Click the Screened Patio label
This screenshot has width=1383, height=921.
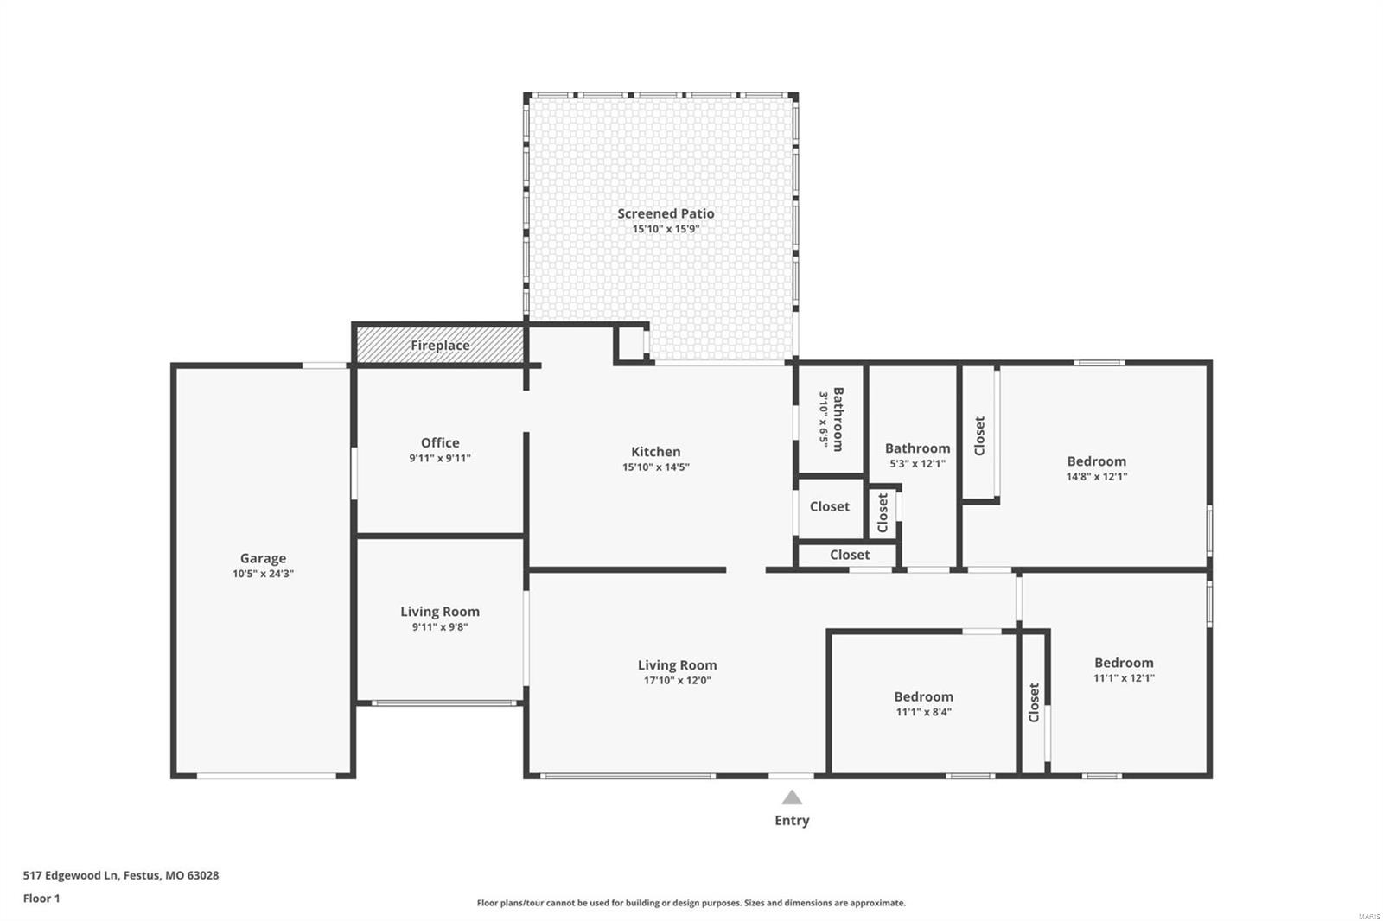[x=666, y=213]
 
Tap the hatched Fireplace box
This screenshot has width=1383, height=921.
[x=440, y=346]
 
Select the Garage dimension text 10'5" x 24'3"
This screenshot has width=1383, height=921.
[x=263, y=574]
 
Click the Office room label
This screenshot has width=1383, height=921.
[x=440, y=443]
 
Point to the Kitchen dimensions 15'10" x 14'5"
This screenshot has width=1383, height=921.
[x=655, y=467]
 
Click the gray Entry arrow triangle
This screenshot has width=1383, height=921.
[x=792, y=797]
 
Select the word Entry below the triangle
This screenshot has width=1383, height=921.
[x=792, y=821]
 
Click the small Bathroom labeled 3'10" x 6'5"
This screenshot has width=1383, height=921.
[x=831, y=419]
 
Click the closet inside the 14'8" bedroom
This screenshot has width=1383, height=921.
[x=979, y=435]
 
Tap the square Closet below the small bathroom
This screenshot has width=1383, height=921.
[x=829, y=507]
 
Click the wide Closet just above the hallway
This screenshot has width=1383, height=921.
[x=849, y=555]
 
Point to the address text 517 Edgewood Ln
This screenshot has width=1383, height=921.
[x=120, y=875]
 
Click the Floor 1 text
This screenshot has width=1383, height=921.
[x=41, y=899]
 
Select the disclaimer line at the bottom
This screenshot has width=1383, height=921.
[x=691, y=903]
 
